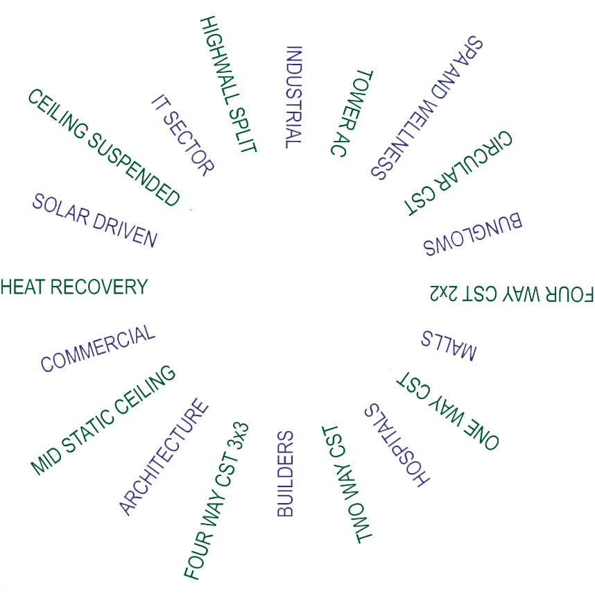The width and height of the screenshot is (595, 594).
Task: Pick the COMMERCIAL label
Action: [x=98, y=348]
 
